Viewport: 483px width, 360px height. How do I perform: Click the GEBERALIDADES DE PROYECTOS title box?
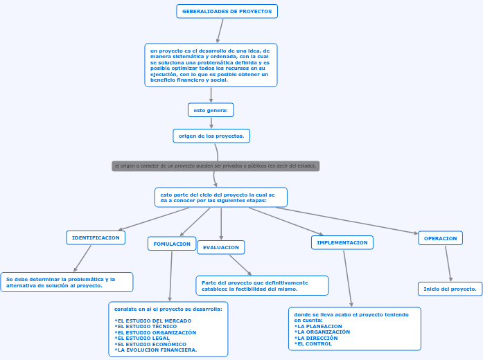227,11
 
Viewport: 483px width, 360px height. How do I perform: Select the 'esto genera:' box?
211,110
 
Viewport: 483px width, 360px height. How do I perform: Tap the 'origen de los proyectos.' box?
211,136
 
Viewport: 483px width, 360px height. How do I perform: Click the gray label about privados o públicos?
216,166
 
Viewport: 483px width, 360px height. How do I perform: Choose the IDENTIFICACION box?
96,237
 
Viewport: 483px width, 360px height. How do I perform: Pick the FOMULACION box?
172,244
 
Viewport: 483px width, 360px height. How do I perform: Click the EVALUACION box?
221,247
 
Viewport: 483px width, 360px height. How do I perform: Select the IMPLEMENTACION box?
342,242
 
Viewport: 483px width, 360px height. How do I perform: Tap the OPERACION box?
440,238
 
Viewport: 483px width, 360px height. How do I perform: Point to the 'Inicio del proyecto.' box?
450,289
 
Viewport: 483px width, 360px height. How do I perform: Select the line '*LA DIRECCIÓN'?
316,338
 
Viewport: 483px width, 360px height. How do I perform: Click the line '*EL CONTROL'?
313,343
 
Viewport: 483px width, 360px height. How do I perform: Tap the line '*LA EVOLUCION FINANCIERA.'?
156,350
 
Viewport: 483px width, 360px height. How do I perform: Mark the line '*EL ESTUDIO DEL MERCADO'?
153,321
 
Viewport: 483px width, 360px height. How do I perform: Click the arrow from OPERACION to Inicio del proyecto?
447,263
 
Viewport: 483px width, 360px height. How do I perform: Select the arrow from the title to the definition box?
220,30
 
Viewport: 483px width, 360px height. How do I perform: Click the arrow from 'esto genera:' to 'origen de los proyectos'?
211,123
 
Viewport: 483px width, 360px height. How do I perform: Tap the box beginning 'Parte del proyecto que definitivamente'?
262,285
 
